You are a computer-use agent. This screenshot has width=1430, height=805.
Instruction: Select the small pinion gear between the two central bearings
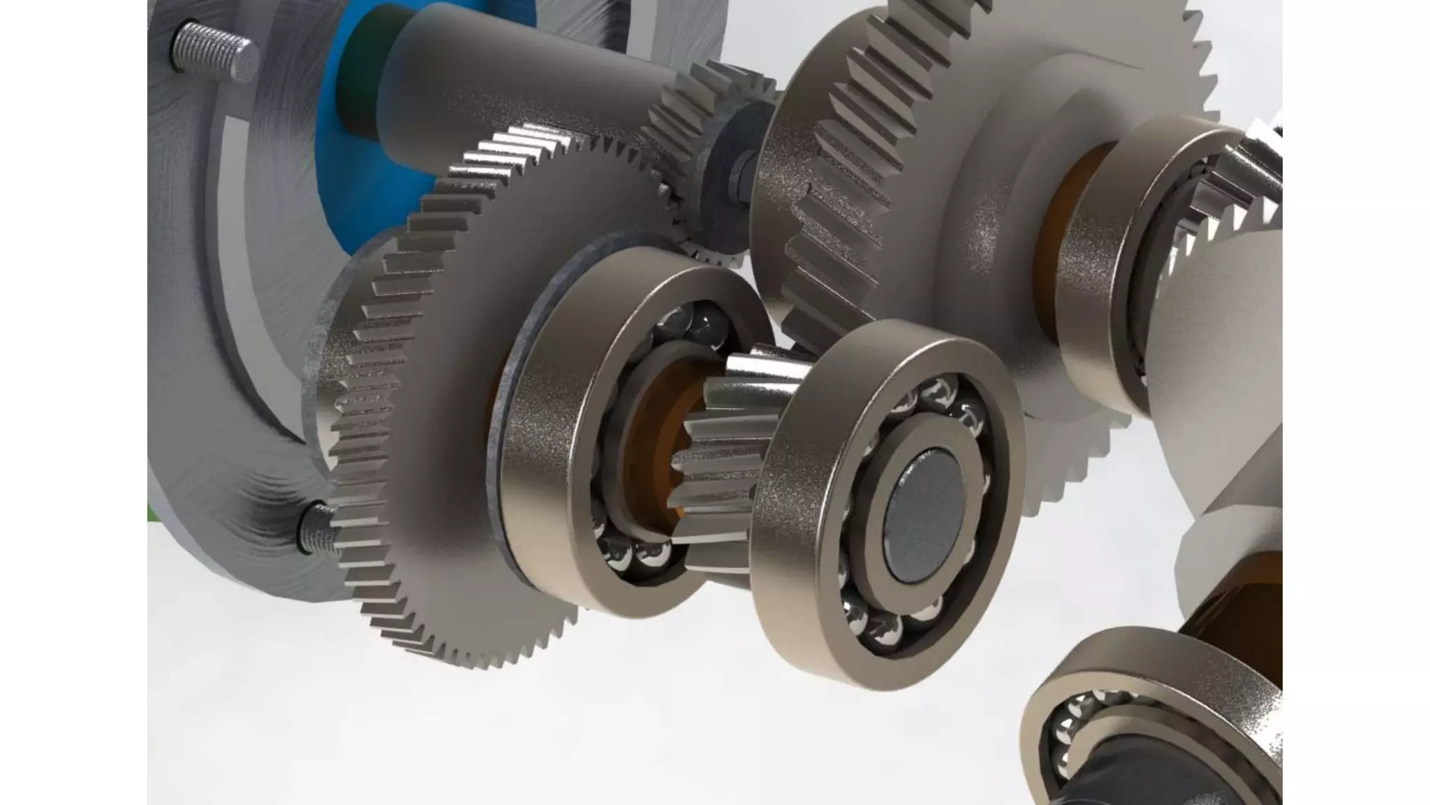click(x=726, y=447)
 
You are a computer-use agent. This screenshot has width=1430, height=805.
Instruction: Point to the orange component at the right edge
click(x=1250, y=594)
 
